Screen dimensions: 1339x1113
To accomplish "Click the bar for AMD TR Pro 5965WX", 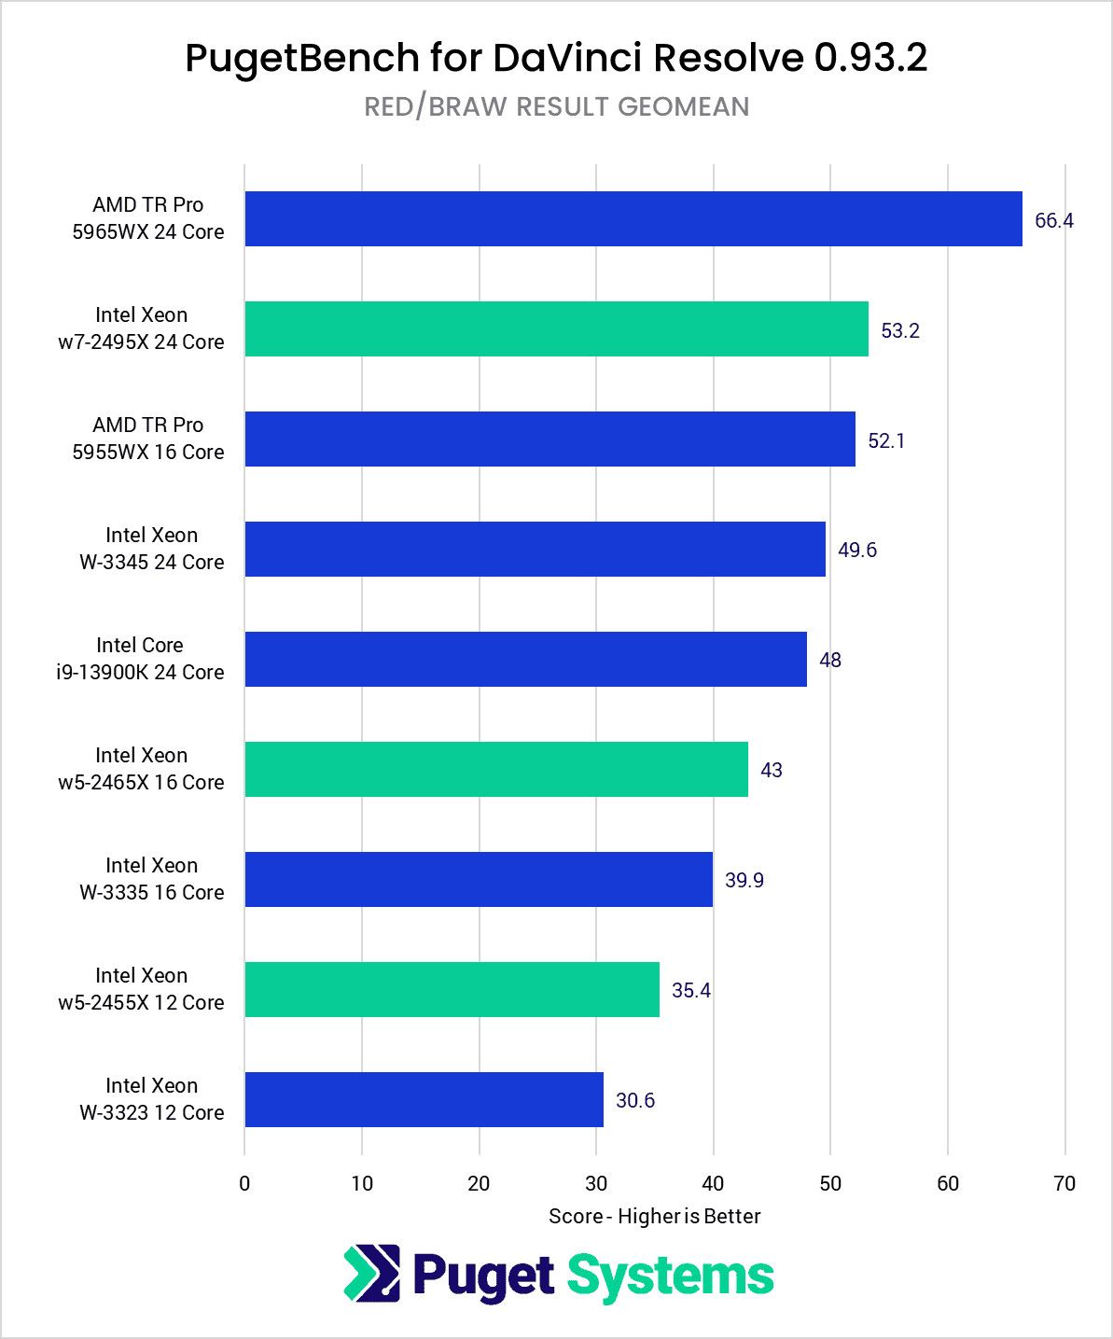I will (633, 219).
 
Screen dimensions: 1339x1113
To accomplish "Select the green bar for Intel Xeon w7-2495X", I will (556, 329).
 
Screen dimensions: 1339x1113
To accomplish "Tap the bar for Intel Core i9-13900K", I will (525, 660).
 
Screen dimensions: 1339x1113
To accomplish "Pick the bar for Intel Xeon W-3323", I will (424, 1100).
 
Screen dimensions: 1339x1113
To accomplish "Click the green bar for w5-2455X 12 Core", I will (452, 990).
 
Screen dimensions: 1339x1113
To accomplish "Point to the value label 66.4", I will (1053, 221).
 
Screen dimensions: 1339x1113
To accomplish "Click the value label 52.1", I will (885, 441).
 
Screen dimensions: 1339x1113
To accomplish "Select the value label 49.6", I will (856, 551).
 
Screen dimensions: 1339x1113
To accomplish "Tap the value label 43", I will (771, 771).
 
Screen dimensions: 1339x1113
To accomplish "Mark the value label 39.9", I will (744, 881).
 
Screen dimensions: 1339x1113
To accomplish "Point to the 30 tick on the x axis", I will (595, 1184).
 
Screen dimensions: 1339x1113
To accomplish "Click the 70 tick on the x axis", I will (1064, 1184).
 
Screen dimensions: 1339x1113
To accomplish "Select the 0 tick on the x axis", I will (244, 1184).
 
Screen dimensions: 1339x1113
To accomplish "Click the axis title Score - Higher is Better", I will (654, 1217).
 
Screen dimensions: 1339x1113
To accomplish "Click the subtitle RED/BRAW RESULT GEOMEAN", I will (556, 106).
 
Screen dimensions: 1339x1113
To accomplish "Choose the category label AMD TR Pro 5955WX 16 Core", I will (148, 439).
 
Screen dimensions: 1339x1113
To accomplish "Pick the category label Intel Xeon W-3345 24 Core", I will (151, 549).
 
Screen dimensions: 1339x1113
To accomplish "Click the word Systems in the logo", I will (670, 1276).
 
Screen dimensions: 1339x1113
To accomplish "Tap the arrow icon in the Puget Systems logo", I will (371, 1274).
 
